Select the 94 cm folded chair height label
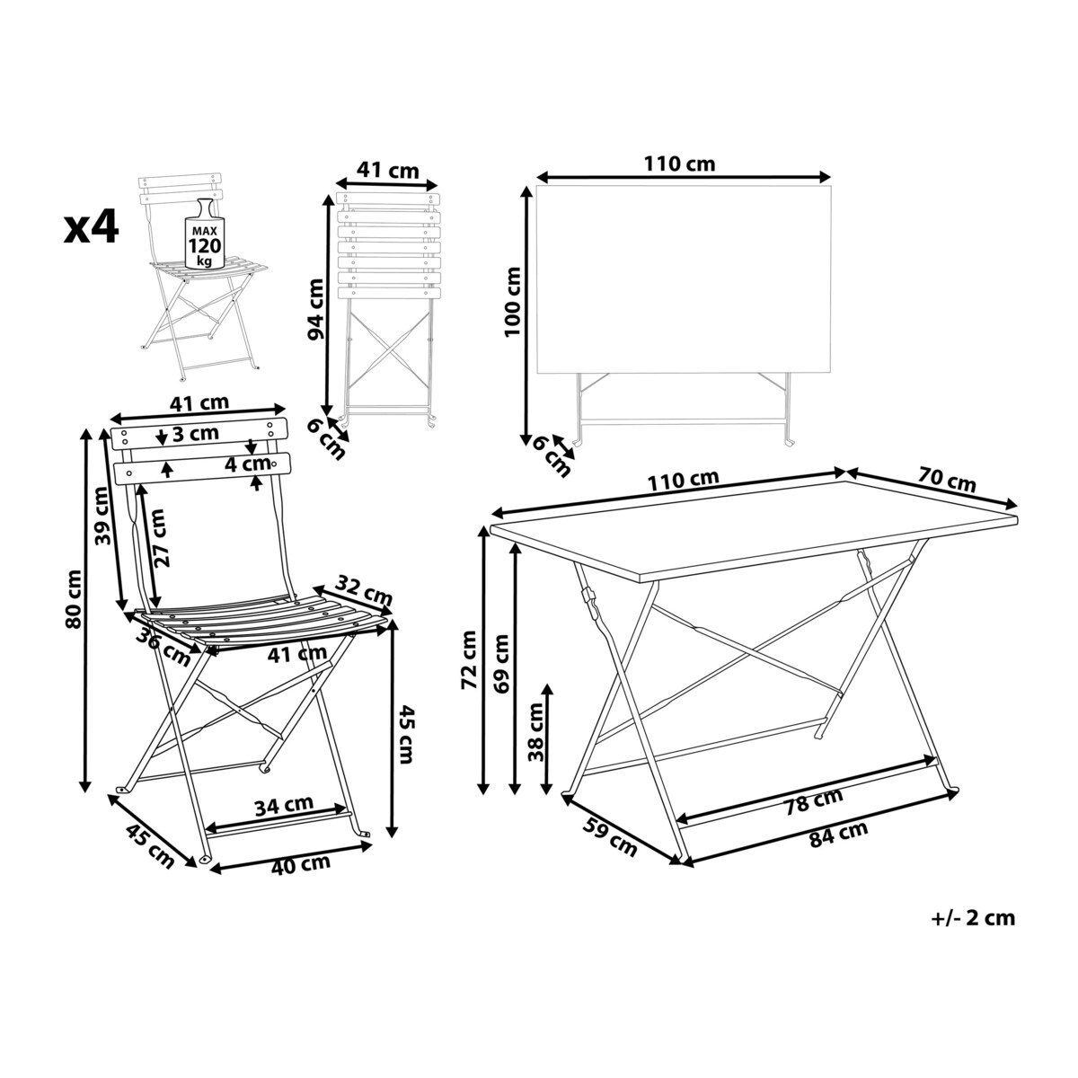coord(315,309)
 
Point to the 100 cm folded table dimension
coord(512,302)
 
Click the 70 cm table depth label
coord(947,482)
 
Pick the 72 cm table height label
coord(469,659)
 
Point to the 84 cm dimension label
coord(839,834)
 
